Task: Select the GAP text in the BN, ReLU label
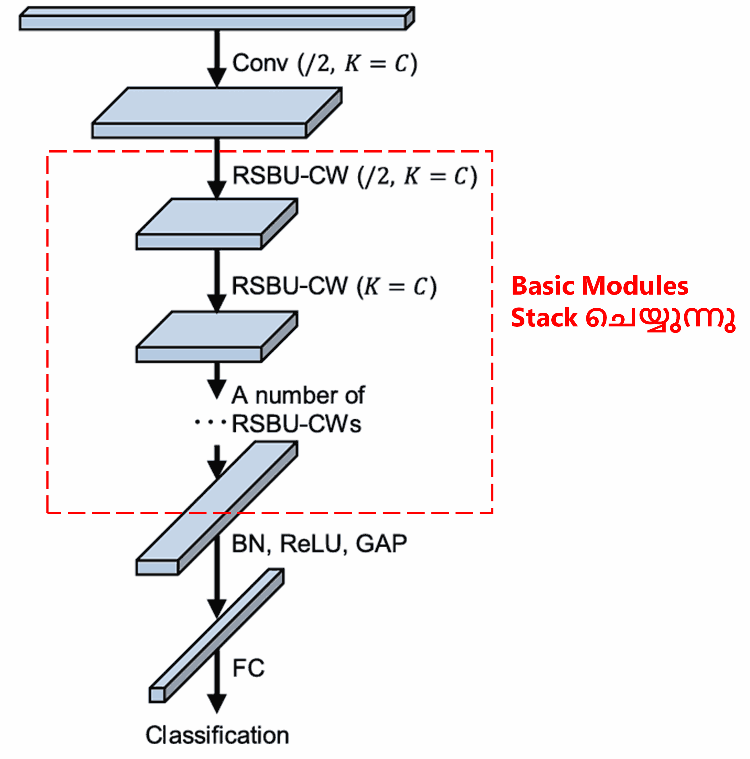pyautogui.click(x=381, y=544)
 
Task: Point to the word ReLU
pyautogui.click(x=311, y=544)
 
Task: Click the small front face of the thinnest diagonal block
pyautogui.click(x=157, y=695)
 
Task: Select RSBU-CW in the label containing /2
pyautogui.click(x=290, y=175)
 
